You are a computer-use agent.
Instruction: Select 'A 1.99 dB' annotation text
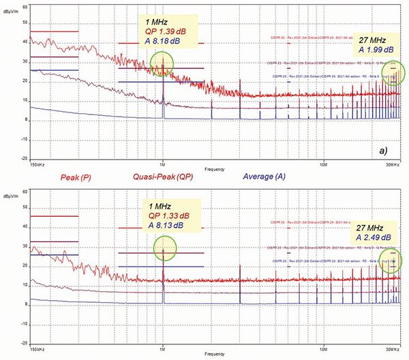(x=374, y=50)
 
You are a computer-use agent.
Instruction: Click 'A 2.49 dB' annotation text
(x=374, y=237)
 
